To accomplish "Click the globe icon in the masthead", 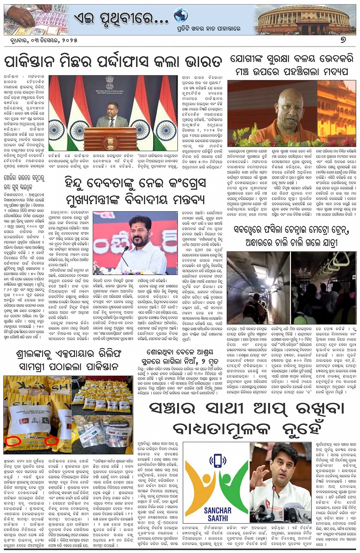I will click(181, 15).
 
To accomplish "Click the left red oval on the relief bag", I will click(13, 441).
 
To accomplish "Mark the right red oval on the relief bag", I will click(51, 440).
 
